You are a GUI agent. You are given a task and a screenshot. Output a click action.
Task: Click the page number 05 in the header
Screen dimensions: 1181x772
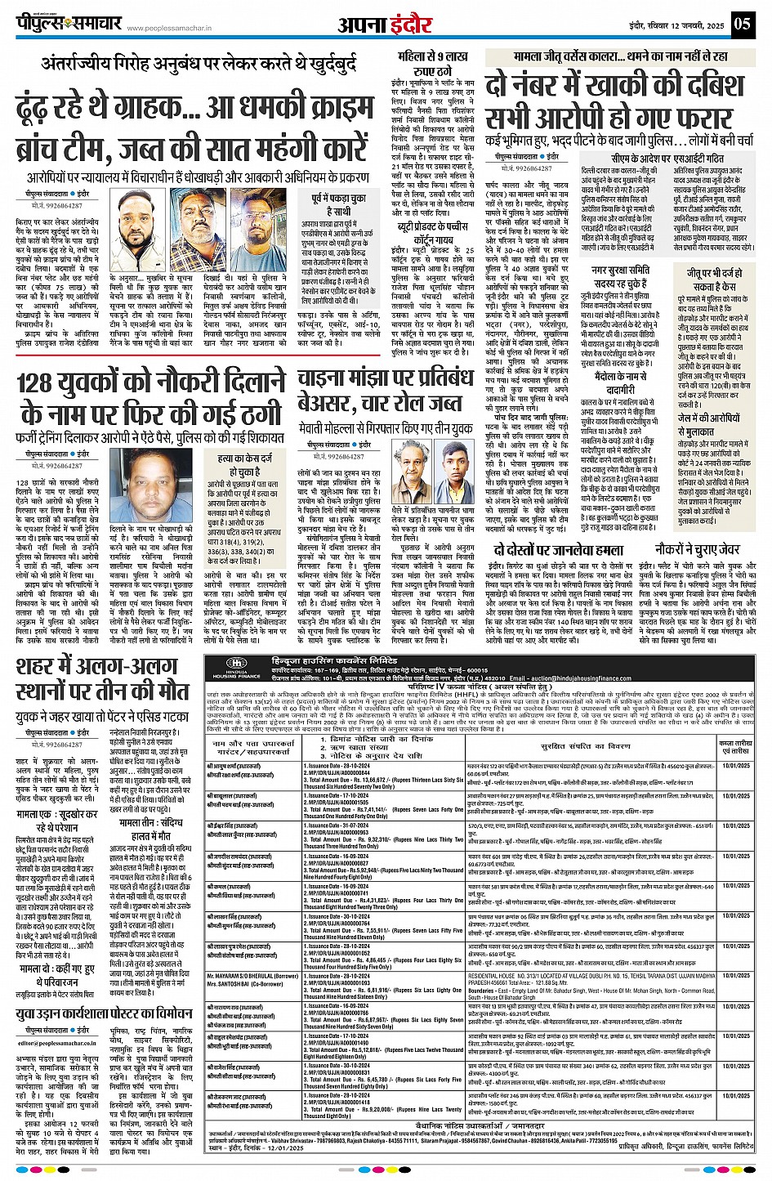pyautogui.click(x=742, y=23)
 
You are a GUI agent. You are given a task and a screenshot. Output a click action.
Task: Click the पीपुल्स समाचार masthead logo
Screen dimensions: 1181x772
pyautogui.click(x=69, y=24)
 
